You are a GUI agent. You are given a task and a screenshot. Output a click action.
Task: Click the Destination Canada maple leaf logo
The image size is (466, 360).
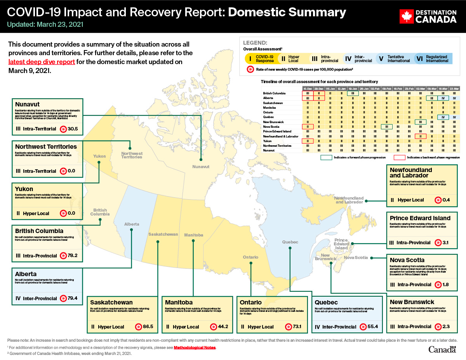pos(406,16)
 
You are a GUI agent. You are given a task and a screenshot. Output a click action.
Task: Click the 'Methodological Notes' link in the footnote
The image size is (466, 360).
pos(194,347)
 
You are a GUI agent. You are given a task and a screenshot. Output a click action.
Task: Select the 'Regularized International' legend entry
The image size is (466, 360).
pos(432,59)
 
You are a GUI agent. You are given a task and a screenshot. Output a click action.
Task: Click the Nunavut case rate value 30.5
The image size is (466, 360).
pos(73,129)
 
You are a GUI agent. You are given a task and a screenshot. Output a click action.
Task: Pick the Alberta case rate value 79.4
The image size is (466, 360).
pos(73,299)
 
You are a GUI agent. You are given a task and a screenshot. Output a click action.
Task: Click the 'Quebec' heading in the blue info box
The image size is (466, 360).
pos(326,302)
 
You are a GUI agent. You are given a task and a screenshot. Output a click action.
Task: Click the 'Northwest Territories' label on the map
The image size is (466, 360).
pos(132,155)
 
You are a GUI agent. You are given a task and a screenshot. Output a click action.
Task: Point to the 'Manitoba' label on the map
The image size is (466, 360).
pos(193,235)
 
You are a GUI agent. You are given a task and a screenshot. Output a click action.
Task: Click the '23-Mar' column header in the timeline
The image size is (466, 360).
pos(454,89)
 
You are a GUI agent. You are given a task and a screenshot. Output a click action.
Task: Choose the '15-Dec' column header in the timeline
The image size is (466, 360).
pos(308,89)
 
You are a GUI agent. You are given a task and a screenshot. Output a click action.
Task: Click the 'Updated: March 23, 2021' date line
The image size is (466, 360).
pos(45,24)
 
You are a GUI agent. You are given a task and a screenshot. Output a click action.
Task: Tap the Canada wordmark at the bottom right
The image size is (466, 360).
pos(442,350)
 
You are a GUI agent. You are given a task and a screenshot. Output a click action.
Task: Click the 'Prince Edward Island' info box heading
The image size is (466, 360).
pos(420,218)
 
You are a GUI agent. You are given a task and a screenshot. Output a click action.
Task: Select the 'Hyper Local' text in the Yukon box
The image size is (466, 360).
pos(36,213)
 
